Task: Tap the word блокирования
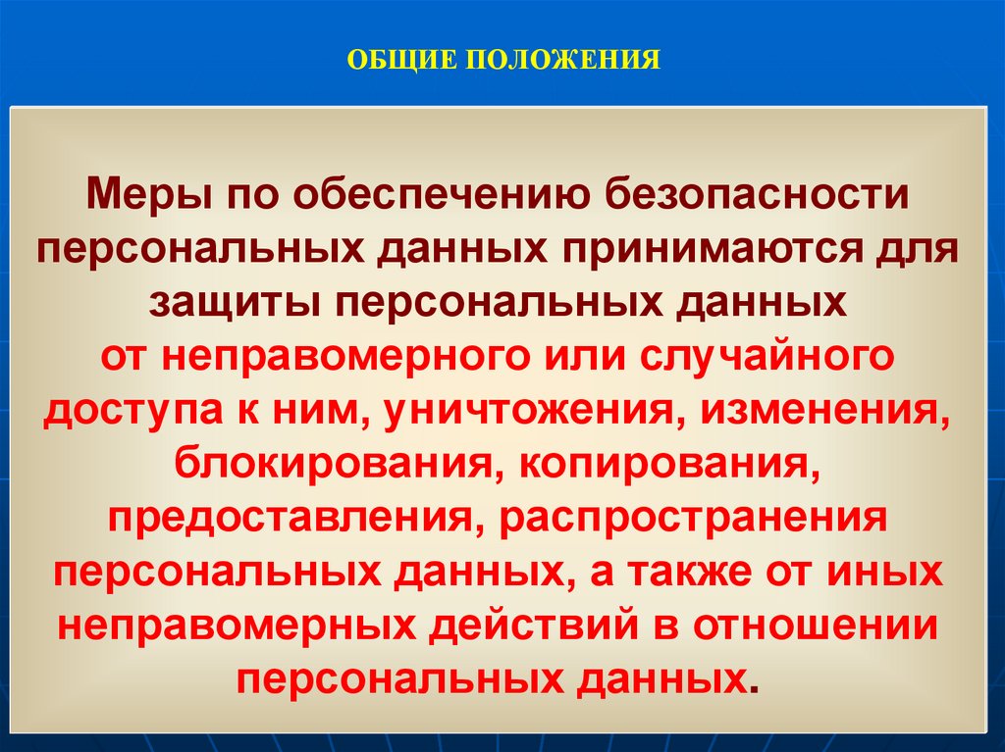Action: coord(331,467)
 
